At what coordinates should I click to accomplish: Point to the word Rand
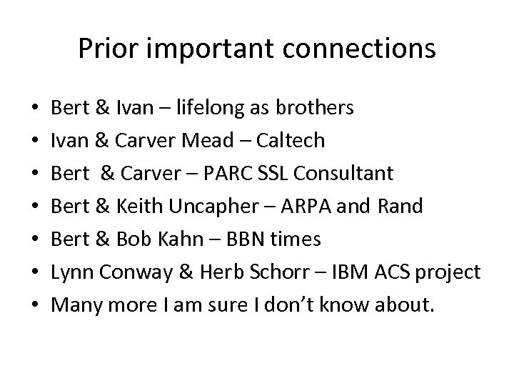(400, 207)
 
